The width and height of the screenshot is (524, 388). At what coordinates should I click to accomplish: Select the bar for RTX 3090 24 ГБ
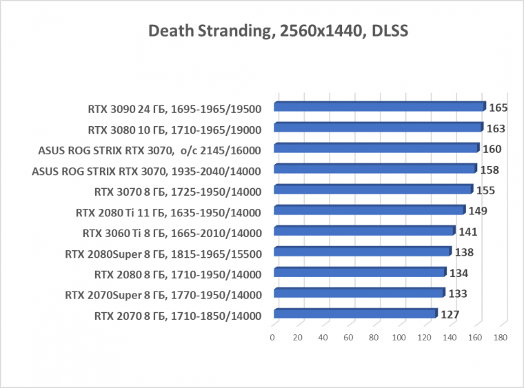379,107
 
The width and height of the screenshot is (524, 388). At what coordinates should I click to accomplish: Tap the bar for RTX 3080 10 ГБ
378,127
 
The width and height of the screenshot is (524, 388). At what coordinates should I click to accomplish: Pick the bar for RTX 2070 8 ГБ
355,314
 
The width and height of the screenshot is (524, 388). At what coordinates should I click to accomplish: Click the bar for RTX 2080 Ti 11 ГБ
369,210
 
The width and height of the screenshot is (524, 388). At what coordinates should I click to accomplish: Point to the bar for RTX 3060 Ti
364,232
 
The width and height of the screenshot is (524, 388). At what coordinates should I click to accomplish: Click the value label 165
498,108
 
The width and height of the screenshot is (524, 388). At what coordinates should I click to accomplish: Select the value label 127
450,315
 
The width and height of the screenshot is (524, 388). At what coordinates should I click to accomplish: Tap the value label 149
478,211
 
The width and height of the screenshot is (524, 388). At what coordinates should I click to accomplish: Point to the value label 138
463,252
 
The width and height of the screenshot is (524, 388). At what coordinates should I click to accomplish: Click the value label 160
492,149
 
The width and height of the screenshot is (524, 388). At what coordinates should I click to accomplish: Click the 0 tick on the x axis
273,338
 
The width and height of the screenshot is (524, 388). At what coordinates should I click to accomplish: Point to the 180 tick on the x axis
501,338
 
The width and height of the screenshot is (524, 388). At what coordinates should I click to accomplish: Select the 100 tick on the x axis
399,338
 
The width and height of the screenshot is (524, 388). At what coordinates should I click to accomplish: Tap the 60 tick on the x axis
349,338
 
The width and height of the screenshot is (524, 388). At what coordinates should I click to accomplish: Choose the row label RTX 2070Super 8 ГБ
163,296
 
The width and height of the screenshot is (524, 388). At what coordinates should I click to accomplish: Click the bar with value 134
359,273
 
